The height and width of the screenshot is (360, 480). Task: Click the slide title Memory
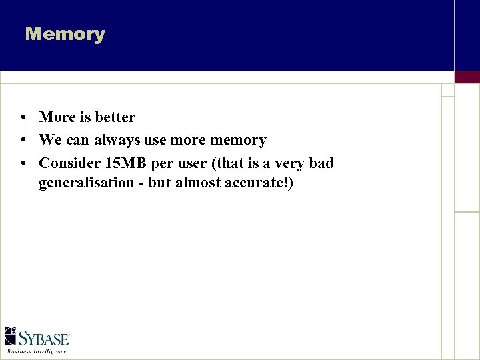pos(65,34)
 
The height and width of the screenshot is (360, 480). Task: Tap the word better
pos(115,117)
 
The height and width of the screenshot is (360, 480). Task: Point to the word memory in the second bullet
pos(238,140)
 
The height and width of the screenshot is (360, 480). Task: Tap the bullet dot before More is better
pos(23,118)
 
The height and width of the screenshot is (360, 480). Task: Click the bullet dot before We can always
pos(23,141)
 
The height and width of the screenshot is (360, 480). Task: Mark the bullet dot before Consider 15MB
pos(23,163)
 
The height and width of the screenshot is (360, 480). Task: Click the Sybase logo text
pos(44,337)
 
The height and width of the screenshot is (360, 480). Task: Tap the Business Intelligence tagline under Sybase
pos(37,351)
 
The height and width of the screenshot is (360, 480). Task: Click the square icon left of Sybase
pos(11,336)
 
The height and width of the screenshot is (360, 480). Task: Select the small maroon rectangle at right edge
pos(467,77)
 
